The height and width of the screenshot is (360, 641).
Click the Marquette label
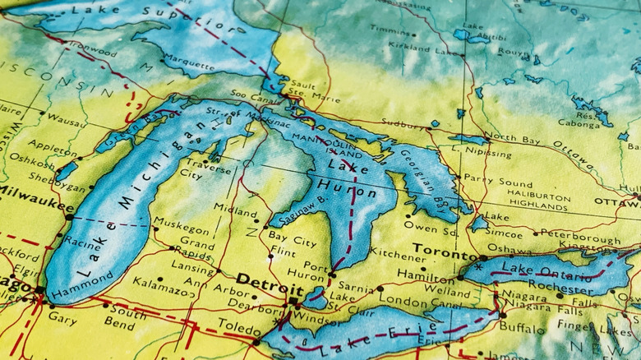tap(188, 60)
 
